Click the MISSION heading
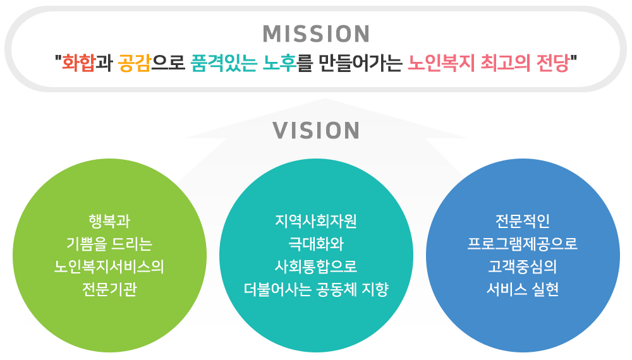pyautogui.click(x=316, y=34)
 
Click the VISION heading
pyautogui.click(x=316, y=131)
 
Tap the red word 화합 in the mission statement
pyautogui.click(x=78, y=63)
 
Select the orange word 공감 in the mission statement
pyautogui.click(x=134, y=63)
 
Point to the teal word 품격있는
pyautogui.click(x=224, y=63)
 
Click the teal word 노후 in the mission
pyautogui.click(x=279, y=63)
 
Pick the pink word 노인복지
pyautogui.click(x=441, y=63)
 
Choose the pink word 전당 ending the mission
pyautogui.click(x=552, y=63)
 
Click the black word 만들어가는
pyautogui.click(x=360, y=63)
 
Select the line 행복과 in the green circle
pyautogui.click(x=109, y=221)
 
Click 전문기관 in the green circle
pyautogui.click(x=109, y=289)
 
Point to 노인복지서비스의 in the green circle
pyautogui.click(x=109, y=267)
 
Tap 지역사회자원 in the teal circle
pyautogui.click(x=316, y=221)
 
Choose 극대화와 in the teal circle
pyautogui.click(x=316, y=244)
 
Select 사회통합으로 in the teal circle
pyautogui.click(x=316, y=267)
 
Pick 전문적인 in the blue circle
pyautogui.click(x=523, y=221)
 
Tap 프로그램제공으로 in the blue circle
pyautogui.click(x=523, y=244)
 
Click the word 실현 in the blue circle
pyautogui.click(x=545, y=289)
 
